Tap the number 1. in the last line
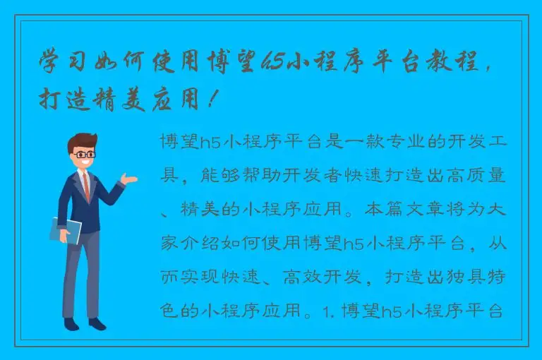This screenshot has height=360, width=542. [336, 310]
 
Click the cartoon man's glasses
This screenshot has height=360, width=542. [85, 153]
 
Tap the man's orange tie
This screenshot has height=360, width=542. [86, 185]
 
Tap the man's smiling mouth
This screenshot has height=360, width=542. [86, 163]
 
